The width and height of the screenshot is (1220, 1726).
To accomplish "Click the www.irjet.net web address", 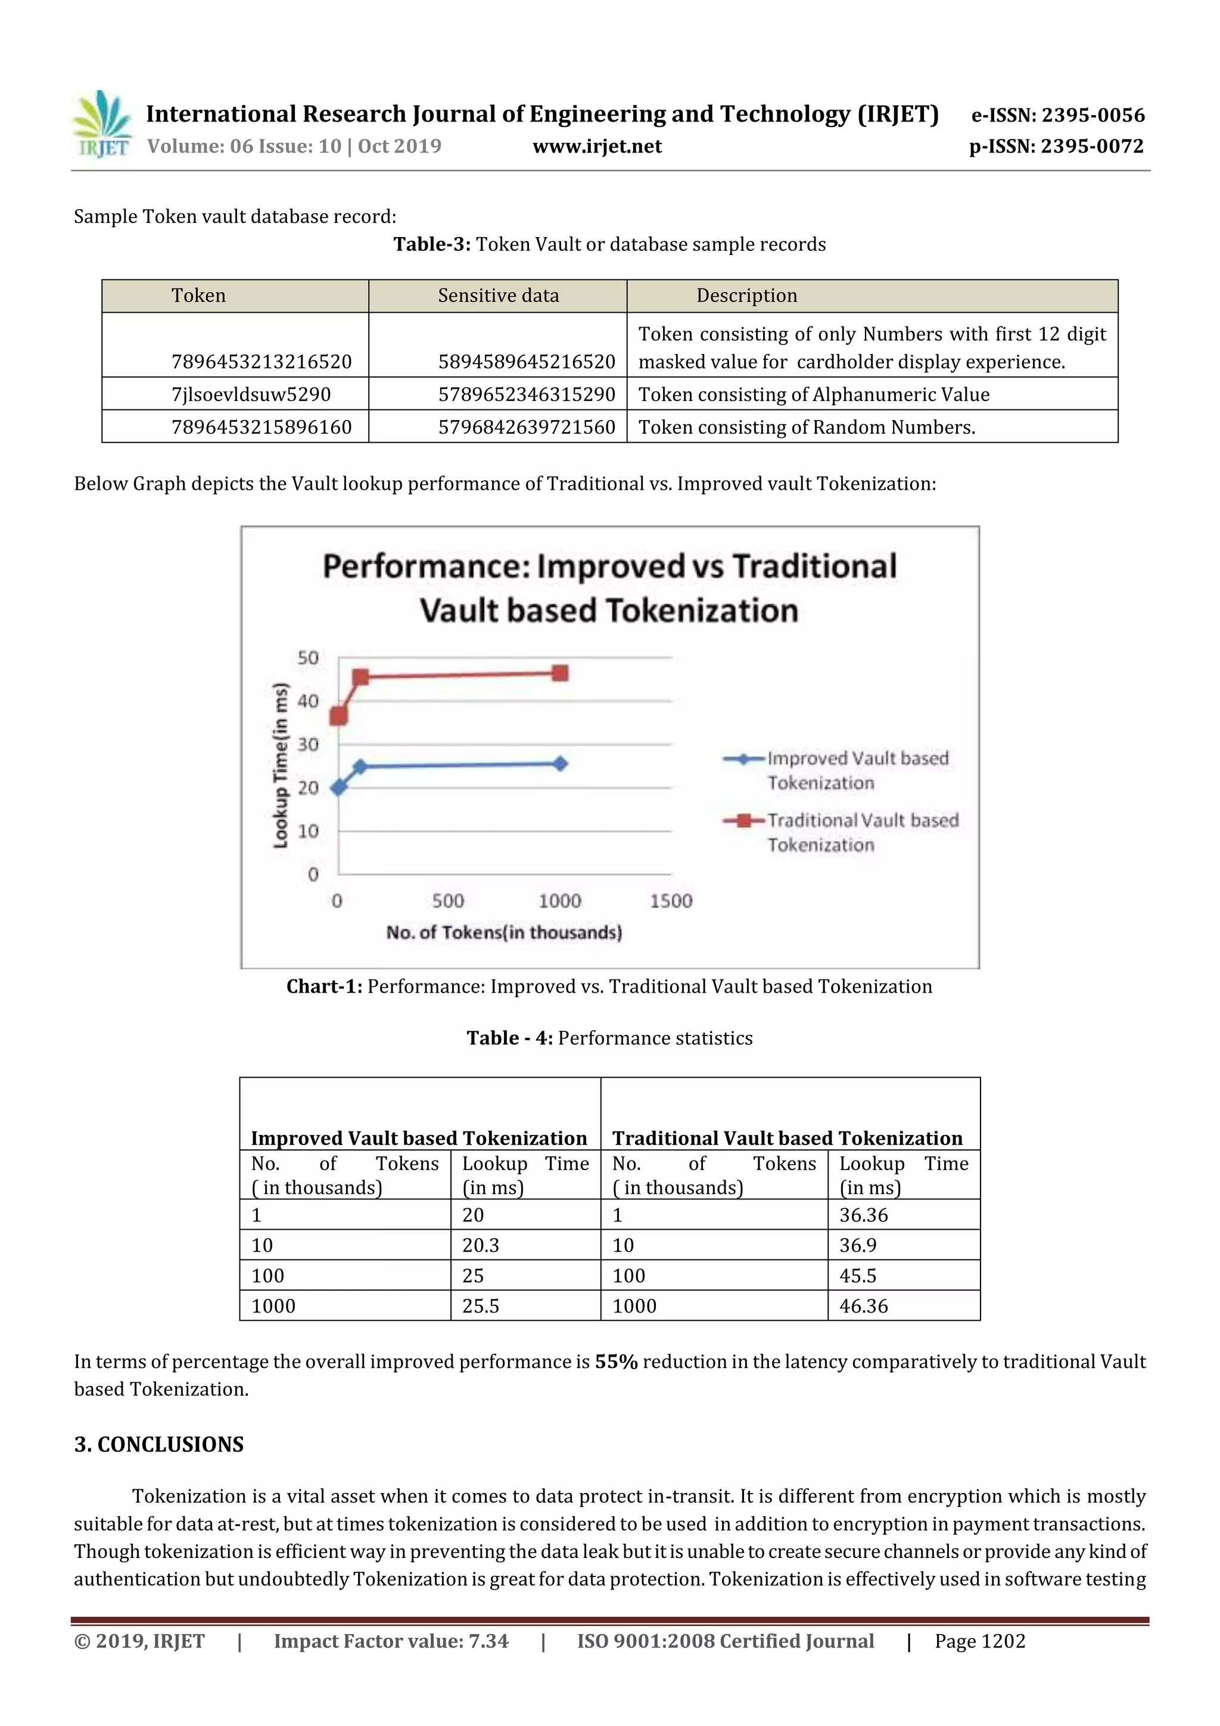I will [x=597, y=147].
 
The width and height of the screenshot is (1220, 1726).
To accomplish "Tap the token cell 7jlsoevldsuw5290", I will [x=251, y=394].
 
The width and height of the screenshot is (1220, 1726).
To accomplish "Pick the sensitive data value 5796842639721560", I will [x=526, y=427].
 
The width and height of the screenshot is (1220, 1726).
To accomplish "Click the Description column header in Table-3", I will [x=746, y=296].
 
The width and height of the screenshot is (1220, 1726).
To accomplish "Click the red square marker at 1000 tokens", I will [x=559, y=673].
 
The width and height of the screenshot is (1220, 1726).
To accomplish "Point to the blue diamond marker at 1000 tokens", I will [x=560, y=764].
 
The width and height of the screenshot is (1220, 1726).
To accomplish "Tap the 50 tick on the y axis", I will [x=307, y=658].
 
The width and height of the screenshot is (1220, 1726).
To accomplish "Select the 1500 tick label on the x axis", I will [x=671, y=901].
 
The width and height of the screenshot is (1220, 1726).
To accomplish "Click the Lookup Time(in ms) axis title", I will [x=281, y=765].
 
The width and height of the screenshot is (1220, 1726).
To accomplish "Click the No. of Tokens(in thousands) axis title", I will [x=503, y=932].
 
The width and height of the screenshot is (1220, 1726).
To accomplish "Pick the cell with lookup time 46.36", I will [x=864, y=1306].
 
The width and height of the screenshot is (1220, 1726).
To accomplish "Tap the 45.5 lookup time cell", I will [x=858, y=1276].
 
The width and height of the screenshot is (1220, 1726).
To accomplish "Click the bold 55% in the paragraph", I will [x=615, y=1361].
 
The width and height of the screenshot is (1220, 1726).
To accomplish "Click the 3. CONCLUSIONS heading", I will [x=158, y=1444].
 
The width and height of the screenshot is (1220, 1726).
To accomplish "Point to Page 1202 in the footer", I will [x=979, y=1641].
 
